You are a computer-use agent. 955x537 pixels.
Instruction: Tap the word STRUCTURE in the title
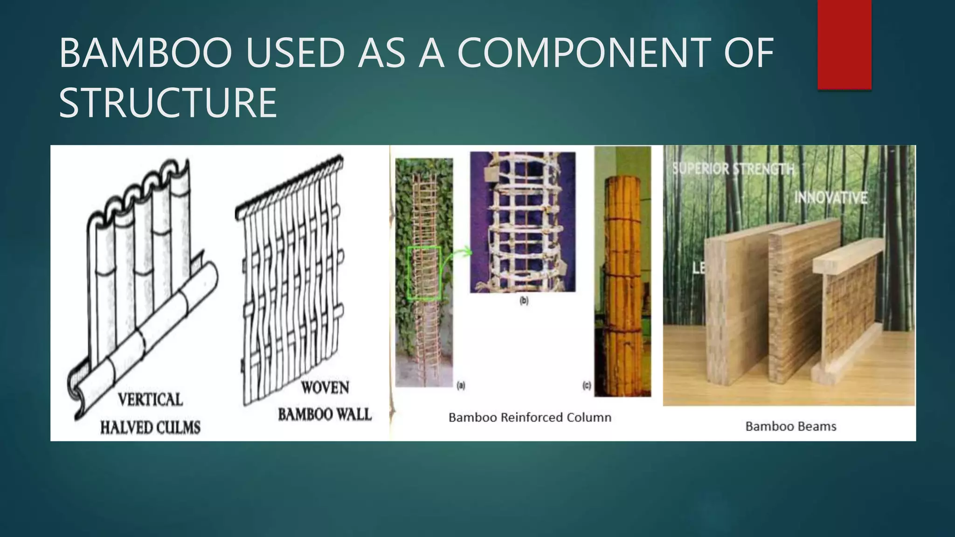[168, 103]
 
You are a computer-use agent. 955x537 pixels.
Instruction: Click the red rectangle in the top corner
[844, 44]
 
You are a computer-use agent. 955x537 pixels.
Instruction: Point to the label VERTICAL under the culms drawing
[150, 399]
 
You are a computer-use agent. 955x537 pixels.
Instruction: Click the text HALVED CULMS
[150, 427]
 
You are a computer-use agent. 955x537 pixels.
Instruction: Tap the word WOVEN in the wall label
[325, 387]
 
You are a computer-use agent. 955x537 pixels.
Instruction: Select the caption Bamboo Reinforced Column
[530, 417]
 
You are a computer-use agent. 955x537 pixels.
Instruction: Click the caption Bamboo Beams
[790, 426]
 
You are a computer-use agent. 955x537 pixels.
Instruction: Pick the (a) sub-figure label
[461, 386]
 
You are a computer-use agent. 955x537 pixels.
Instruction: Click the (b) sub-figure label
[524, 301]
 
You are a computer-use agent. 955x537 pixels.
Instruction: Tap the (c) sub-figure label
[587, 386]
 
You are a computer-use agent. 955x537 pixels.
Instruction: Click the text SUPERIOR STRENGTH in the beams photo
[733, 169]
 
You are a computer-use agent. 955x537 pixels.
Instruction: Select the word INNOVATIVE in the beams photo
[830, 198]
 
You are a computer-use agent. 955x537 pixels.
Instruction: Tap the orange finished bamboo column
[622, 284]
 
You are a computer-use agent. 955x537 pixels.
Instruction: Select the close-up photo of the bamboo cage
[522, 222]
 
